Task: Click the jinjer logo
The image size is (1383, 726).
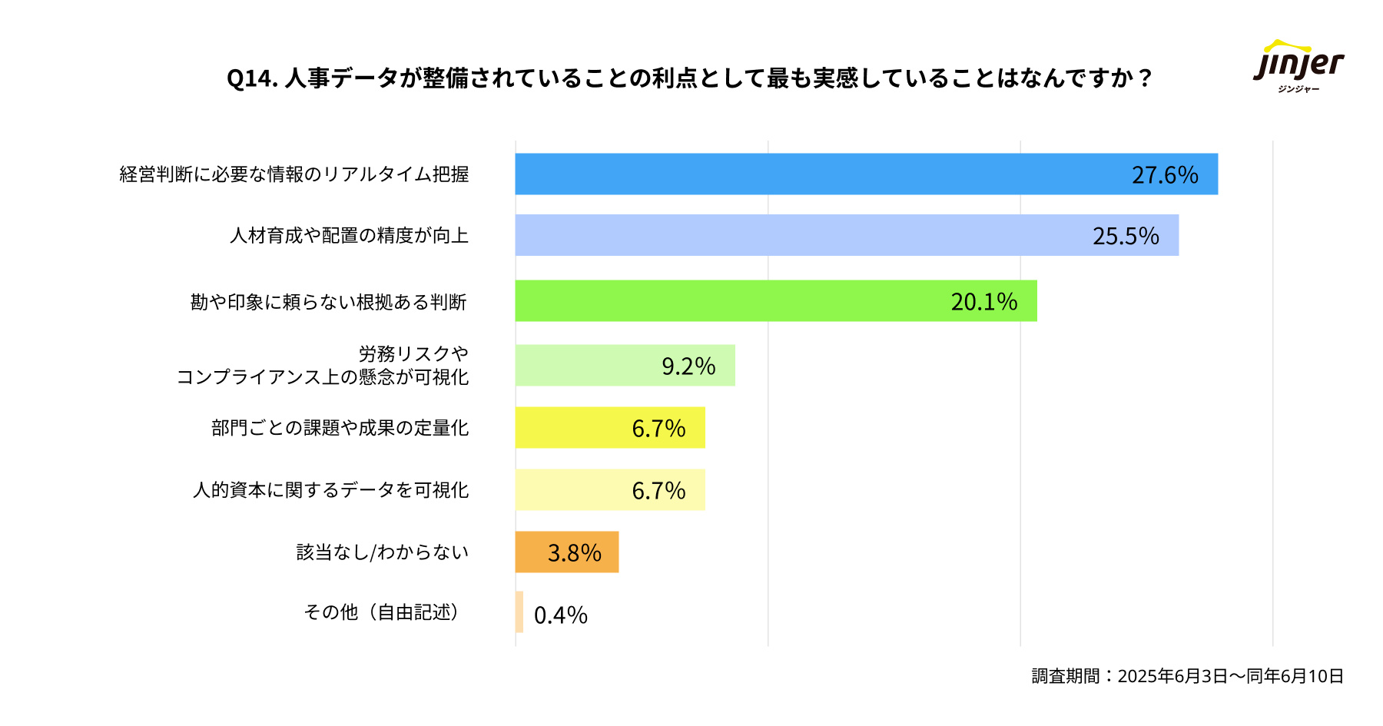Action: click(x=1298, y=65)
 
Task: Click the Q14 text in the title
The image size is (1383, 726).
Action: click(x=252, y=78)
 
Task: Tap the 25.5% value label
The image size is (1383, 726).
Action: click(x=1126, y=236)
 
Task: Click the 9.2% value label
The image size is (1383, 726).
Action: click(x=688, y=366)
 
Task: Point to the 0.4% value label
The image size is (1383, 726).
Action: click(x=561, y=615)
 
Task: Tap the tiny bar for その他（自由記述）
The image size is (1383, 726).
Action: click(x=519, y=612)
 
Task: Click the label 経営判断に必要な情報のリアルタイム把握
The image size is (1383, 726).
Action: click(x=294, y=174)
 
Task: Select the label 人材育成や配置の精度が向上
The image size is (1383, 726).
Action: click(x=350, y=235)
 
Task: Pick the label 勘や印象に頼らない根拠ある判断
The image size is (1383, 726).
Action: click(x=329, y=302)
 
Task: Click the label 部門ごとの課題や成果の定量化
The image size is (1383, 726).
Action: click(x=340, y=428)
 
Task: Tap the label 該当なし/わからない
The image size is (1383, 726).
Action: click(x=383, y=552)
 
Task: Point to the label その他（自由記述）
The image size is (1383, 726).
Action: click(x=383, y=612)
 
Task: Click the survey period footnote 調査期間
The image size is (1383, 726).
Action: click(x=1187, y=676)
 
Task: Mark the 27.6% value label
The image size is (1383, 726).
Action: click(x=1165, y=175)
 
